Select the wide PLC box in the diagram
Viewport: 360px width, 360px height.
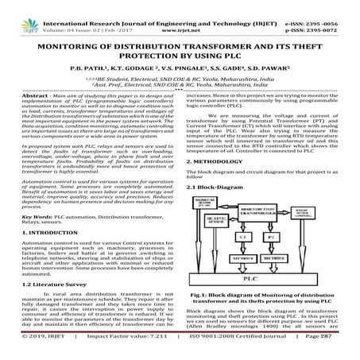(251, 279)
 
